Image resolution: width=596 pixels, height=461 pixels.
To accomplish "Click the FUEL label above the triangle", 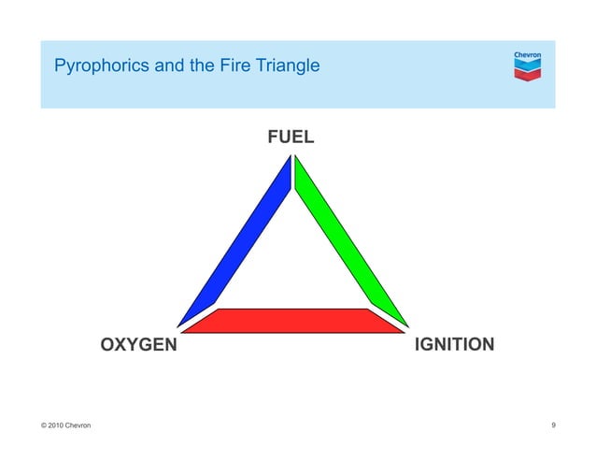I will point(291,137).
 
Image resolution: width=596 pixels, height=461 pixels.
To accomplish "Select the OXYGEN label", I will point(138,345).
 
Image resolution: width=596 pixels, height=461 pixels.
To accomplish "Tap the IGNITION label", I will point(453,345).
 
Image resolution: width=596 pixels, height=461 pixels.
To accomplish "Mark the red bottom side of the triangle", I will point(292,321).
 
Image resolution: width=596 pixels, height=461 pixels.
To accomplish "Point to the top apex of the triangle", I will point(291,159).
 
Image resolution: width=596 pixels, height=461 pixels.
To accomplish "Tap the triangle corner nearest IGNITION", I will point(403,328).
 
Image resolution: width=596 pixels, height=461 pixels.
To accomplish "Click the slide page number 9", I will point(554,426).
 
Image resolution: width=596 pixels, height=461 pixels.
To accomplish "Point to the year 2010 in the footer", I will point(59,426).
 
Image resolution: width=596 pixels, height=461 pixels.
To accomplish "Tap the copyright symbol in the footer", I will point(44,426).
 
